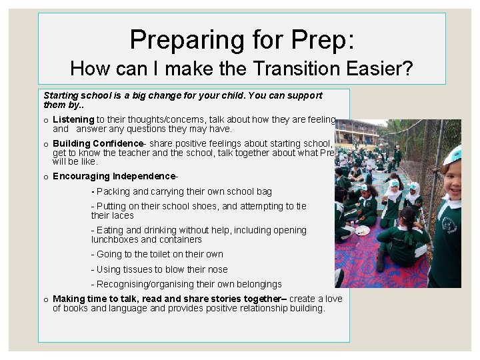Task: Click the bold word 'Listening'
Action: point(73,119)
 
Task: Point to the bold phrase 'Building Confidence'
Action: point(98,143)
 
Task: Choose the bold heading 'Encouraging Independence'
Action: point(115,176)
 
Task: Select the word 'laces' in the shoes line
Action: point(123,215)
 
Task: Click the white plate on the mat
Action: point(362,231)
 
